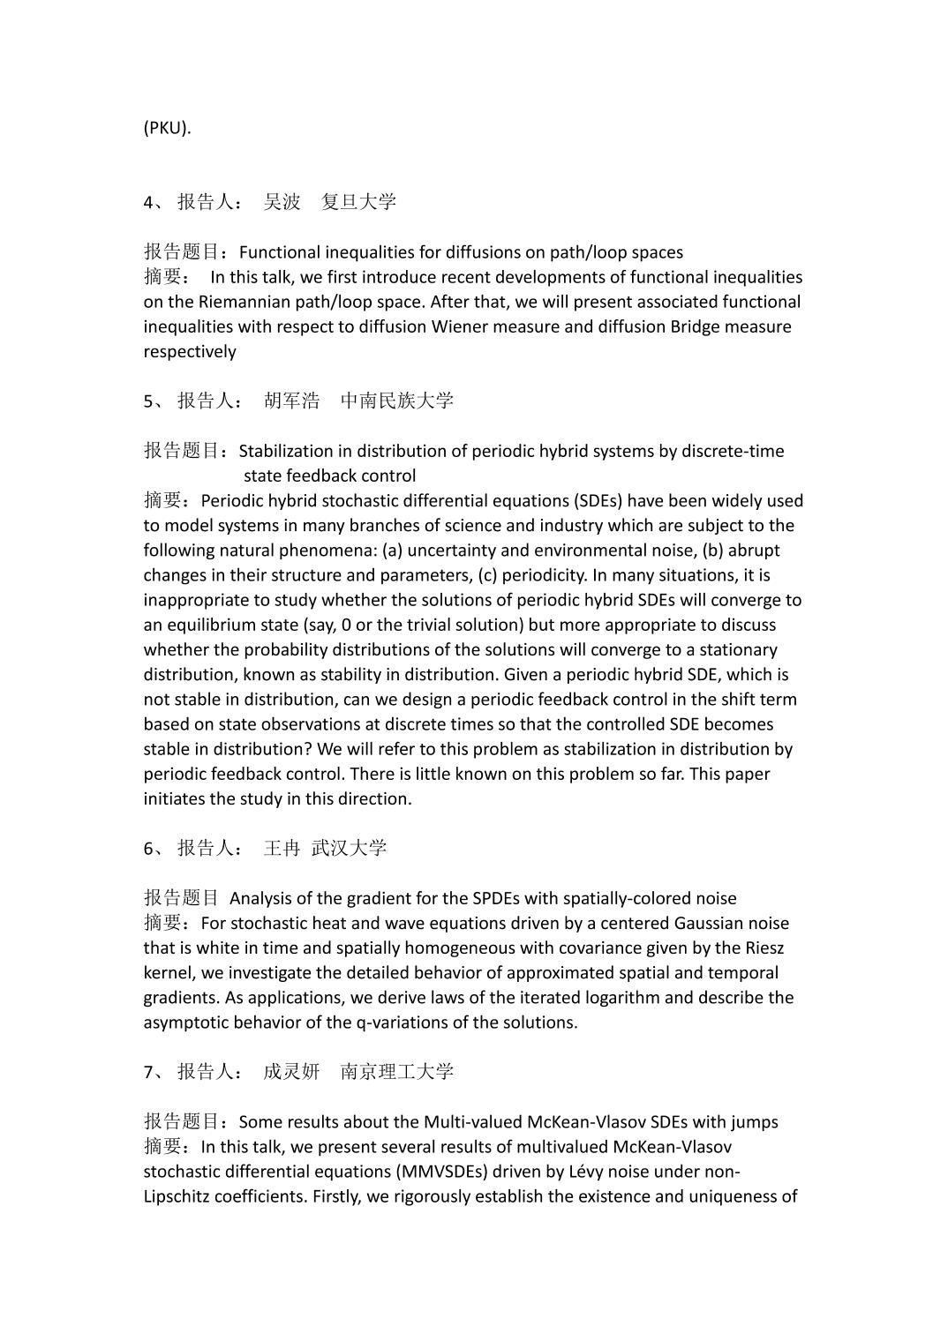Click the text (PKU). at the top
[167, 128]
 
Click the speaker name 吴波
[282, 202]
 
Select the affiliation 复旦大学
[358, 202]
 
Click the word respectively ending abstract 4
[190, 352]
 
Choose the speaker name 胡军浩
[292, 401]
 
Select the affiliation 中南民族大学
[396, 401]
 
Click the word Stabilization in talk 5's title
[290, 452]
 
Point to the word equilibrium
[211, 626]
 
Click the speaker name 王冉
[282, 849]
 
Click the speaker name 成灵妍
[291, 1072]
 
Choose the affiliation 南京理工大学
[396, 1072]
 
